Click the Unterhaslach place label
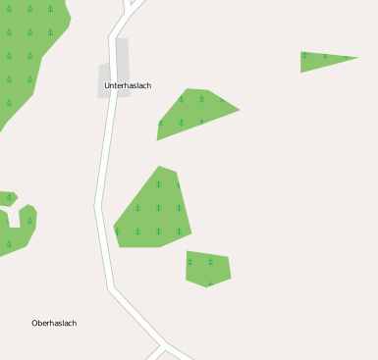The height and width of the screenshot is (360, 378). point(128,86)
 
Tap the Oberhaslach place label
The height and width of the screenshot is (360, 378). point(54,323)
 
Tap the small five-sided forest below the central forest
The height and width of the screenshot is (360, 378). point(207,268)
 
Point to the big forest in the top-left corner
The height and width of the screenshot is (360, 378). point(29,49)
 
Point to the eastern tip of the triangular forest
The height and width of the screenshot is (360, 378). point(239,109)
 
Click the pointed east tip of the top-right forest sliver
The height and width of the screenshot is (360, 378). point(356,58)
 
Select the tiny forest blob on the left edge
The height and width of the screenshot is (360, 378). point(7,198)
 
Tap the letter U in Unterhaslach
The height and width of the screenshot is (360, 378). point(107,86)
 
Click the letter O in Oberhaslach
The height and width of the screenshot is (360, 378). point(34,323)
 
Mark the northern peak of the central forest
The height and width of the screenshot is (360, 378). point(160,167)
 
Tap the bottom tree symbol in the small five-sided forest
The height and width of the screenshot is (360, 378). point(209,283)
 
